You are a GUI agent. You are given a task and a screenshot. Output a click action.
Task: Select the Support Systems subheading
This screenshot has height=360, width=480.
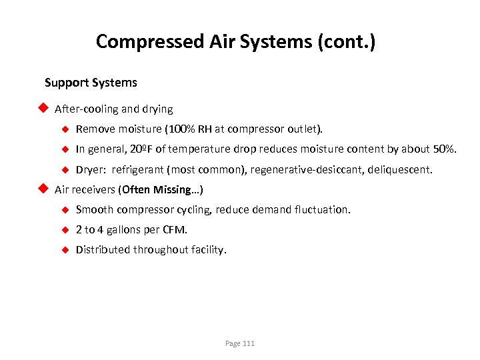tap(91, 83)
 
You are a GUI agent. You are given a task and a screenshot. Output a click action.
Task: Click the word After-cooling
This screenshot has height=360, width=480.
tap(86, 109)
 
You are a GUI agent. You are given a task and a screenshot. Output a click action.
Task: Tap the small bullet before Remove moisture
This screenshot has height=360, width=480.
tap(65, 129)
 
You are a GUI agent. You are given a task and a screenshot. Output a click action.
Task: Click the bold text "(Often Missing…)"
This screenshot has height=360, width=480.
tap(161, 190)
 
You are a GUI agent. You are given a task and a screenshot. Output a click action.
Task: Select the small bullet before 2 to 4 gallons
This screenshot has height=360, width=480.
tap(65, 230)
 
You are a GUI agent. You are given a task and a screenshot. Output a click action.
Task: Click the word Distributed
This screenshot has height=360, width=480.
tap(103, 250)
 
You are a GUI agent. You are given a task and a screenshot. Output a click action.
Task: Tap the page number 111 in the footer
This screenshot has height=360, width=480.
tap(248, 343)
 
